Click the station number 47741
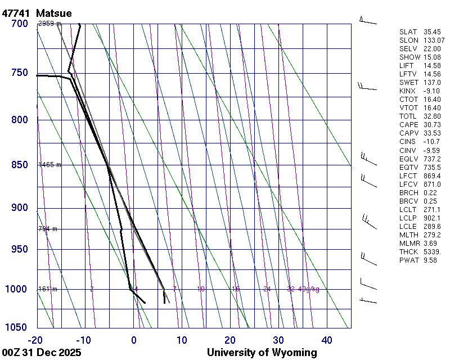click(16, 13)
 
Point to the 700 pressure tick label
click(19, 24)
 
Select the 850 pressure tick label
click(19, 165)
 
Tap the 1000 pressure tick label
click(17, 289)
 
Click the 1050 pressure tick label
click(17, 327)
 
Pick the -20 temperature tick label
click(35, 340)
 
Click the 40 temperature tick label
click(327, 340)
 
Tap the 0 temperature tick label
click(134, 340)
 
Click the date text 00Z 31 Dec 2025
click(42, 353)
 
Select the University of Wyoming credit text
click(262, 353)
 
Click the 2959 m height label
click(49, 24)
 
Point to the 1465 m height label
click(49, 165)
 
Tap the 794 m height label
click(48, 229)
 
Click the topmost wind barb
click(367, 20)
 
